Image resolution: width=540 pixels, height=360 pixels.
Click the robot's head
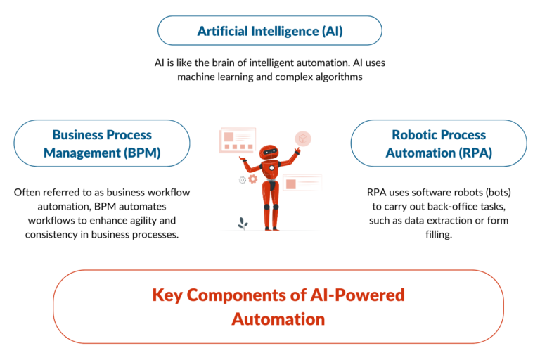click(x=269, y=152)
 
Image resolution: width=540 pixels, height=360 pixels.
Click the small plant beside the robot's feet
click(x=243, y=223)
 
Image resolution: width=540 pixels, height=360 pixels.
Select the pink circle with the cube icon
click(x=304, y=139)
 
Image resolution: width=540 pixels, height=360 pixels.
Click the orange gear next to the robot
click(x=252, y=179)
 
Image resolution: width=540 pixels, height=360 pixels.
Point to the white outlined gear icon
click(x=243, y=180)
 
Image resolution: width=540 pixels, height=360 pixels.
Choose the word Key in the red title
click(x=166, y=295)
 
